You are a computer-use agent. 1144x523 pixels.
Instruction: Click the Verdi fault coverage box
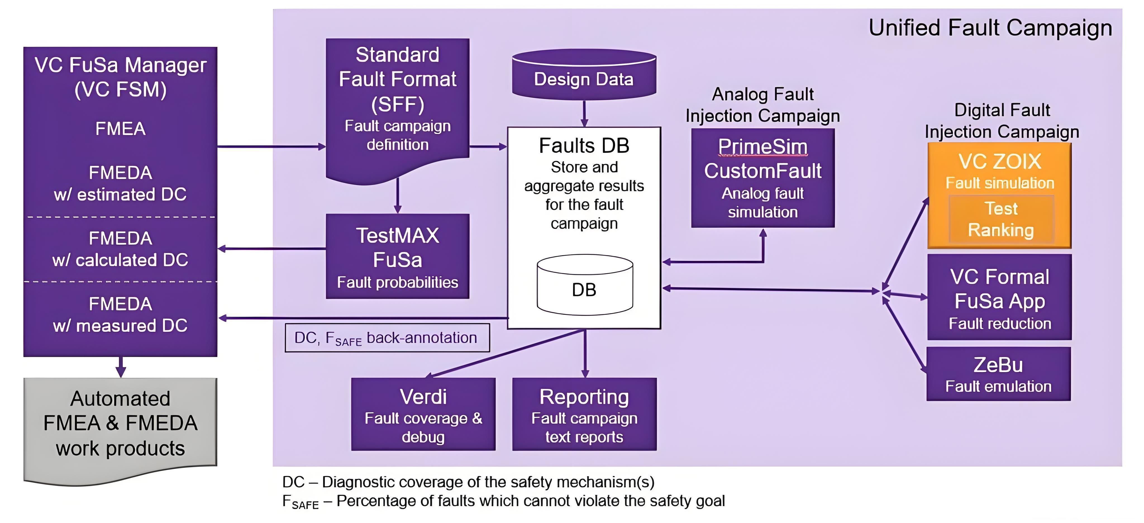423,414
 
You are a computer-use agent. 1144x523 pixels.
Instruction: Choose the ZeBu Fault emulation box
998,374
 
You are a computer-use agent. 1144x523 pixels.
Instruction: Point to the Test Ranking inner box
1001,219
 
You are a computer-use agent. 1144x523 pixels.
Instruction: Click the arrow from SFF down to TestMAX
397,196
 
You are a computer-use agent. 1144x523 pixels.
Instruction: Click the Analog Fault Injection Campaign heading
762,105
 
